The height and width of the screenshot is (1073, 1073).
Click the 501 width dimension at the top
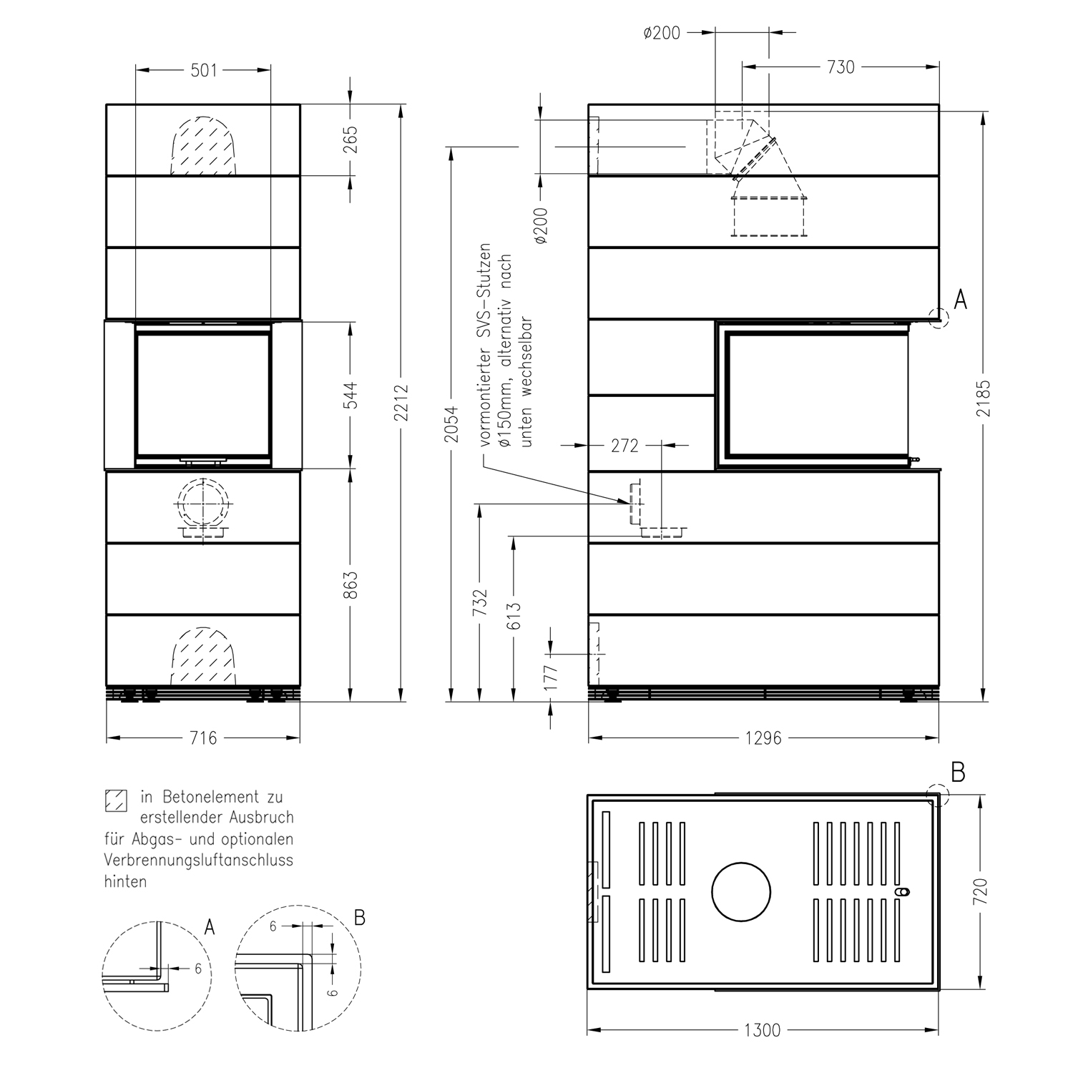204,70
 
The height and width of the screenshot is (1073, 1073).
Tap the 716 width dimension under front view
203,738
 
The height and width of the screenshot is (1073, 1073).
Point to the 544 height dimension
351,396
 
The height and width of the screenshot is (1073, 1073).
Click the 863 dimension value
351,585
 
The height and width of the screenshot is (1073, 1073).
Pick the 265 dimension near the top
351,139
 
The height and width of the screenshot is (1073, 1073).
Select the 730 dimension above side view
841,67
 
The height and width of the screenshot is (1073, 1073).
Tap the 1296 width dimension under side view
763,738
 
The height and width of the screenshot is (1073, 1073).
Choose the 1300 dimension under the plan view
763,1031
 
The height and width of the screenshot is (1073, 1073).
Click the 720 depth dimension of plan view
981,892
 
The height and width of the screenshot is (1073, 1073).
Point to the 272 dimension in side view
624,446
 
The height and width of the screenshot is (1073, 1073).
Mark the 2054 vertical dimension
451,421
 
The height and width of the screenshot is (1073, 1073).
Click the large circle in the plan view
741,892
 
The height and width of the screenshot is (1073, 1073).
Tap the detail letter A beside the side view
961,300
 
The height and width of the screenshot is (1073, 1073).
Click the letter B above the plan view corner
959,773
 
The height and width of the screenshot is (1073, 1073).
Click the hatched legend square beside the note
115,800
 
